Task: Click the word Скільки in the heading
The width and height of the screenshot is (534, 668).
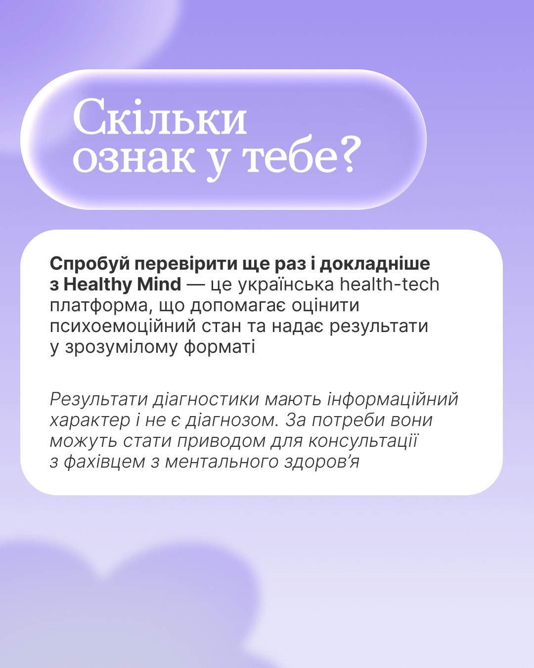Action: (x=160, y=117)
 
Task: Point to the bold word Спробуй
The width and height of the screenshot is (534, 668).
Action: (x=89, y=264)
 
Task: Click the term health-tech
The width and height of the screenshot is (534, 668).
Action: (x=390, y=285)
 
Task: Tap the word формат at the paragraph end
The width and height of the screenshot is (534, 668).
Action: (x=220, y=347)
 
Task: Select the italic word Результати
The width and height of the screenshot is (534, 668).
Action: (x=98, y=400)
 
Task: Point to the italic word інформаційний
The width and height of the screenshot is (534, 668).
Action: (x=393, y=400)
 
